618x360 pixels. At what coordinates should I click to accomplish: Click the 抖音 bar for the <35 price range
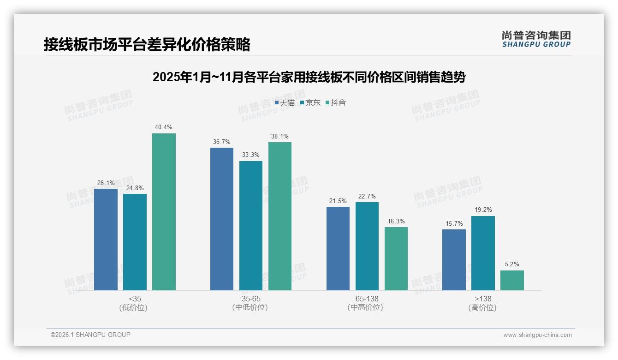coord(164,212)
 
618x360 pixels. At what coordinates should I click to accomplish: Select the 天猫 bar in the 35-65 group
coord(222,219)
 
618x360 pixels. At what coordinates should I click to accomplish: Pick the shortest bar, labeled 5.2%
coord(512,280)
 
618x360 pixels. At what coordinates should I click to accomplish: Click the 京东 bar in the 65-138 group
coord(367,246)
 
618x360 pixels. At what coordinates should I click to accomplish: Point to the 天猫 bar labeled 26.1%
coord(106,240)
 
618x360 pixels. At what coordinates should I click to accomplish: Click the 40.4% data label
coord(164,127)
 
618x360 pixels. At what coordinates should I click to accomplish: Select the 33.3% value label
coord(251,155)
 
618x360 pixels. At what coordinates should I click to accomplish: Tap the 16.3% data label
coord(396,221)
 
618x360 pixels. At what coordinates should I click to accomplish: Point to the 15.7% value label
coord(454,223)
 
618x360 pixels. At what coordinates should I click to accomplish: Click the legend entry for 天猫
coord(285,102)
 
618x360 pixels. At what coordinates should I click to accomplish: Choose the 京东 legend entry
coord(310,102)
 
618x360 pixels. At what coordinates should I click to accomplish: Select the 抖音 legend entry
coord(336,102)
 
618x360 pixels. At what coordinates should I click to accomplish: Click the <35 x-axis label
coord(135,299)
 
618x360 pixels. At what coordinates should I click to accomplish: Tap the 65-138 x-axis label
coord(367,299)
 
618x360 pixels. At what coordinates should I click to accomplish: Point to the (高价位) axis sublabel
coord(482,307)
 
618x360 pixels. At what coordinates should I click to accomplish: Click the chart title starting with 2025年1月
coord(309,77)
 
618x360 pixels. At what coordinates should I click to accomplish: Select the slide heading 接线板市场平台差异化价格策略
coord(147,45)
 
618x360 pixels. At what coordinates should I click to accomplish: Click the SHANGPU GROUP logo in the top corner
coord(536,39)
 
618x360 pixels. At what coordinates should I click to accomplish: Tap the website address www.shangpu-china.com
coord(537,335)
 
